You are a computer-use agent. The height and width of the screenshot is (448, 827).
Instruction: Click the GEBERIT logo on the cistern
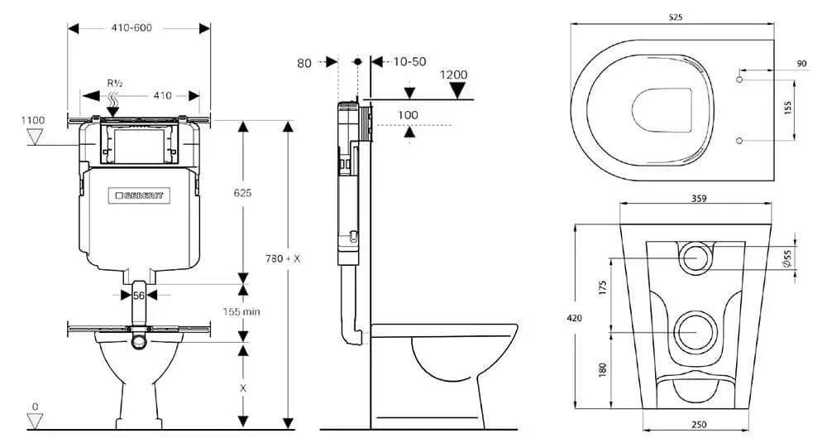(x=139, y=195)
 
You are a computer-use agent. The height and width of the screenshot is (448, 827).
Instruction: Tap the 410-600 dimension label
(x=131, y=27)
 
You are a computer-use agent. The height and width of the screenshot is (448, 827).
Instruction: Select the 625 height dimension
(x=242, y=193)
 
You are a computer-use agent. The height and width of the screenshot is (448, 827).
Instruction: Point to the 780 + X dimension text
(x=283, y=258)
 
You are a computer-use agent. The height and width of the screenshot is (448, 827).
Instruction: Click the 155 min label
(x=241, y=311)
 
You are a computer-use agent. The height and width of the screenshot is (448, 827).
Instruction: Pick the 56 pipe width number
(x=139, y=296)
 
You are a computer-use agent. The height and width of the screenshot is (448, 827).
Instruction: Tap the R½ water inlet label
(x=115, y=83)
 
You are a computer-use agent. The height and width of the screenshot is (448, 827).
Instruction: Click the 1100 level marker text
(x=33, y=120)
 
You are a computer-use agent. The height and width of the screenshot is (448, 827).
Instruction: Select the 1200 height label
(x=453, y=75)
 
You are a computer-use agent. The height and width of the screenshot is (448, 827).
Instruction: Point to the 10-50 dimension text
(x=410, y=62)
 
